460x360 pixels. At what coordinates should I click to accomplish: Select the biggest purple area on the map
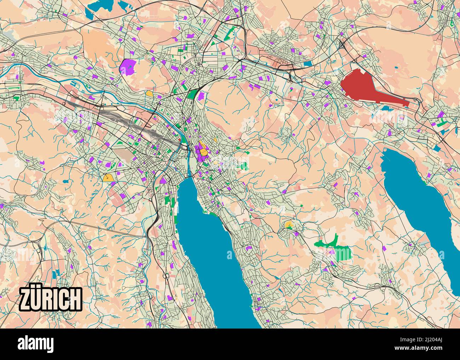[128, 67]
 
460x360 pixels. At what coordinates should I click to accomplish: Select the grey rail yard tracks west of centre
[124, 122]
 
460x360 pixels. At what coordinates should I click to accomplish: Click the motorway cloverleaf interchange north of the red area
[342, 45]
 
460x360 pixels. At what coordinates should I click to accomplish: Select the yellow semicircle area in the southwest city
[108, 178]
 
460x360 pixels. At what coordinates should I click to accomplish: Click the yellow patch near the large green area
[289, 224]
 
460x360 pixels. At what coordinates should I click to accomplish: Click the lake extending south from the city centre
[212, 248]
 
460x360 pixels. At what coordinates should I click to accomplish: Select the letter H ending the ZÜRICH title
[75, 299]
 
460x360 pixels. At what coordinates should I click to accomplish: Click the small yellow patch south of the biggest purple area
[150, 94]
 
